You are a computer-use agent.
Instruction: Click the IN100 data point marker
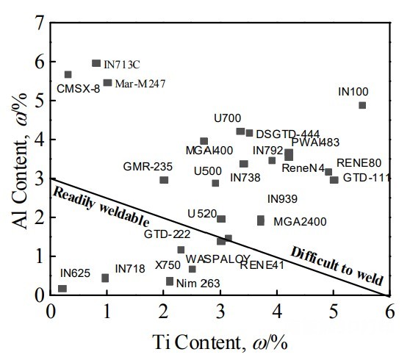coord(362,105)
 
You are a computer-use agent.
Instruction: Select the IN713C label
coord(121,65)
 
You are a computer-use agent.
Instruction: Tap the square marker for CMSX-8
coord(68,74)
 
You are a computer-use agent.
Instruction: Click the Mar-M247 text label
coord(140,84)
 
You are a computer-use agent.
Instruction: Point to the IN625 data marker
coord(62,289)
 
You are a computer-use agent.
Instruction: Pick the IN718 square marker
coord(105,278)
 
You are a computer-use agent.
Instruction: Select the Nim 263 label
coord(199,283)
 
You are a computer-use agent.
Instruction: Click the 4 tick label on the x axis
coord(276,312)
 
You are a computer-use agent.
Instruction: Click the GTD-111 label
coord(367,179)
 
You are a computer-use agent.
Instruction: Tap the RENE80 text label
coord(359,163)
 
